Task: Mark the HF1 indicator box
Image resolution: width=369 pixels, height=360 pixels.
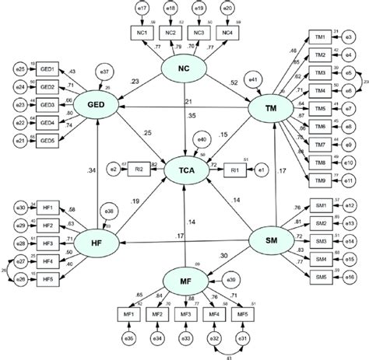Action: click(x=47, y=208)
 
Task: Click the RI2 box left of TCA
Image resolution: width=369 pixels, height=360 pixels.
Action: click(x=136, y=166)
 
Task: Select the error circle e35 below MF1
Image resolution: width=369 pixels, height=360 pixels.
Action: click(x=128, y=339)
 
